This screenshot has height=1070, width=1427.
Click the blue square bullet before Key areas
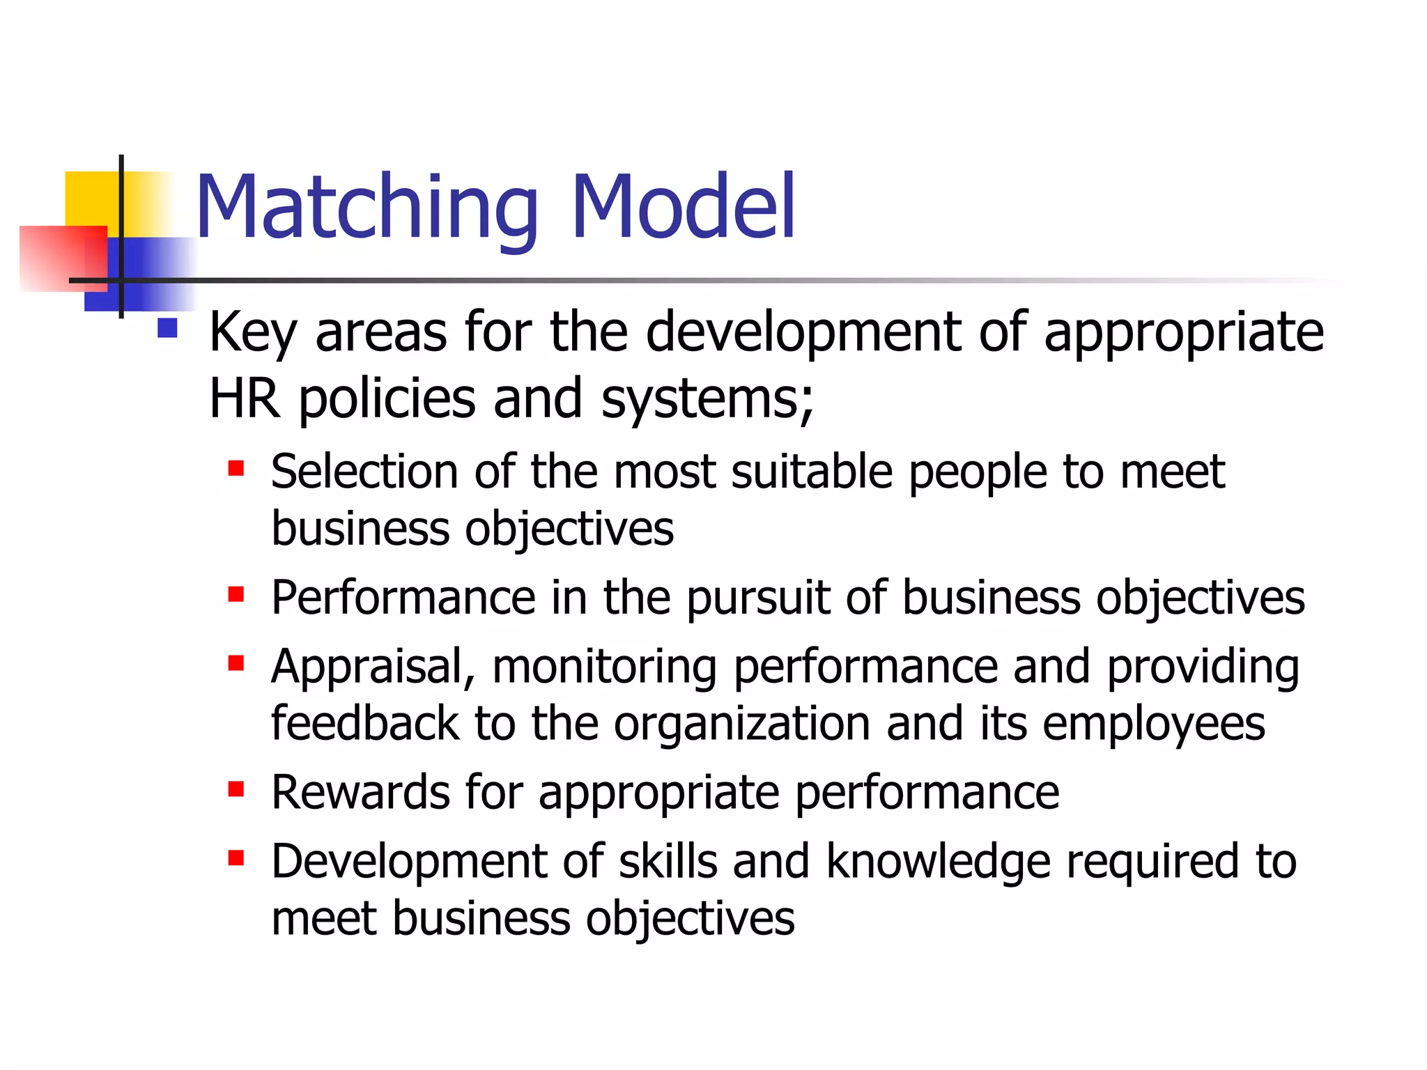tap(167, 327)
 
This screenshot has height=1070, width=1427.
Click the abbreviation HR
tap(245, 398)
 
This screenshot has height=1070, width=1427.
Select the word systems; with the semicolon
tap(707, 400)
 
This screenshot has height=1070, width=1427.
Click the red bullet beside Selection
tap(236, 467)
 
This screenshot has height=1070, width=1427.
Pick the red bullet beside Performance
tap(236, 594)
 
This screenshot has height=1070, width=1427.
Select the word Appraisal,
tap(373, 667)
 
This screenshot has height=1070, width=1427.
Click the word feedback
tap(364, 723)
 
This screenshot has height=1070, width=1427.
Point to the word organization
tap(741, 724)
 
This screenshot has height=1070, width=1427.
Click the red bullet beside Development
tap(236, 858)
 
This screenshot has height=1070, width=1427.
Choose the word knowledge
tap(938, 862)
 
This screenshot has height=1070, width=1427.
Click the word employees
tap(1153, 724)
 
